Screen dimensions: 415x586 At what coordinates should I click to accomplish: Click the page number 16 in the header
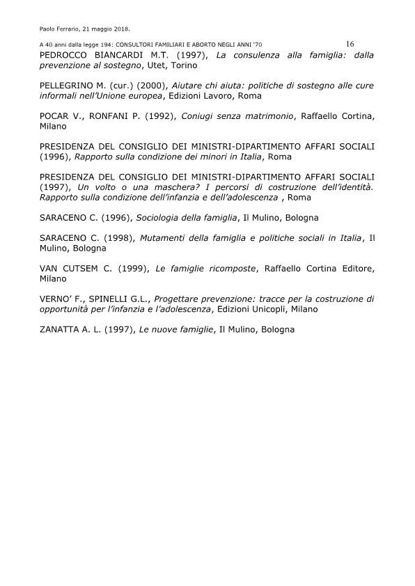pyautogui.click(x=350, y=44)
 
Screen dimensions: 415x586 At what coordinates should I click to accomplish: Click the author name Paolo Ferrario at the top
pyautogui.click(x=60, y=29)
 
